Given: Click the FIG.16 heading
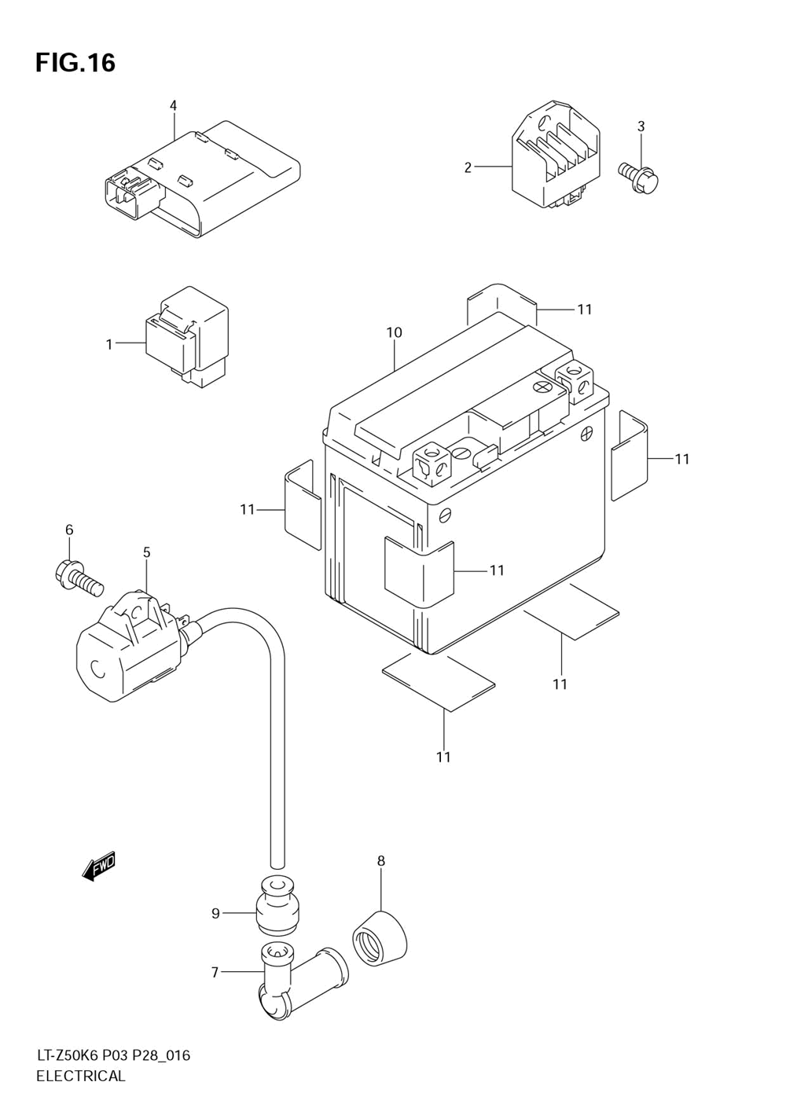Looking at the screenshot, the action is [x=75, y=63].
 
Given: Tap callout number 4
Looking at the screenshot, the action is [x=173, y=105].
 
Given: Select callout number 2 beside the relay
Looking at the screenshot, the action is [x=468, y=167].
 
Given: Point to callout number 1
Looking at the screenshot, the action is [x=109, y=344].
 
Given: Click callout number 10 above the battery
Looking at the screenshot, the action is [x=394, y=332].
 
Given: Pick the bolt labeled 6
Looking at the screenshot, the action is [x=79, y=578].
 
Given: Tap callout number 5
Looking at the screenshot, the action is [x=146, y=552].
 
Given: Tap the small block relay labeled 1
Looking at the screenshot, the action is [x=187, y=338].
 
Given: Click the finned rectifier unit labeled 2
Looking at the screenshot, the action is [x=556, y=154].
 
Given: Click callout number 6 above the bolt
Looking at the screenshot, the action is [x=69, y=530].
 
